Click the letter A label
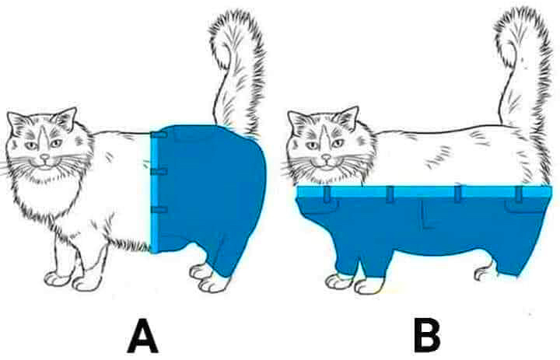142,336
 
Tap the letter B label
427,336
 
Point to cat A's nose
44,157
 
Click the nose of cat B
326,157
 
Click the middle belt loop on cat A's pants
159,172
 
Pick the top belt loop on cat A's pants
159,135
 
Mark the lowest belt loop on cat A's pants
159,209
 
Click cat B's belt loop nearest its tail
519,194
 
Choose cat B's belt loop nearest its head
327,194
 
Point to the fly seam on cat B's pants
425,214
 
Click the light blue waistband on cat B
425,192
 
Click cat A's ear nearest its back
65,118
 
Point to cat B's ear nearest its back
347,117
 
